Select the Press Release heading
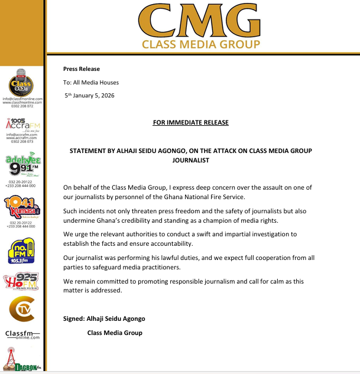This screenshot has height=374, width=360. [82, 69]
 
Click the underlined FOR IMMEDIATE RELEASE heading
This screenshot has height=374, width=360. [190, 123]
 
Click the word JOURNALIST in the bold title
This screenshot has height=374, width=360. [190, 160]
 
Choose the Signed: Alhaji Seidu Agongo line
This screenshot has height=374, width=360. [104, 319]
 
